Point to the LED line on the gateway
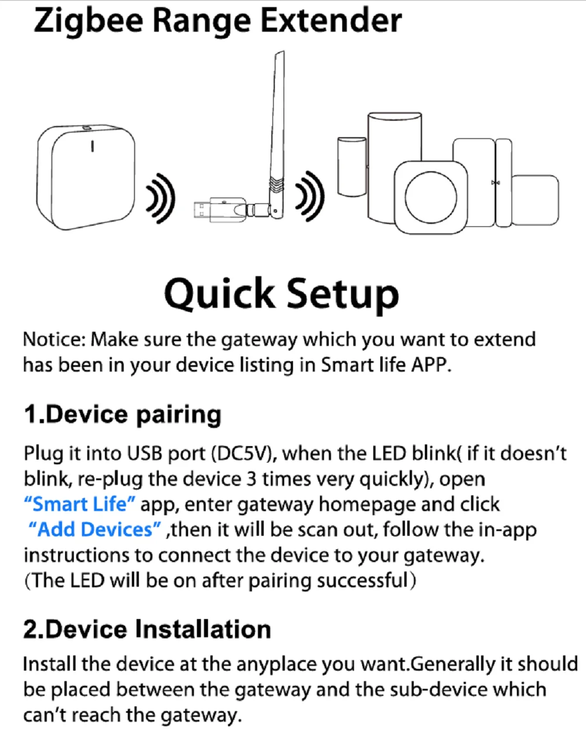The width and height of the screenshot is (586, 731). tap(91, 147)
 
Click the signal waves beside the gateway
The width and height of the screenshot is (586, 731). tap(161, 198)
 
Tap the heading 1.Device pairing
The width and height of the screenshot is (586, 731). tap(122, 414)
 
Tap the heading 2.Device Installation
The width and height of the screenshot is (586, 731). tap(147, 630)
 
